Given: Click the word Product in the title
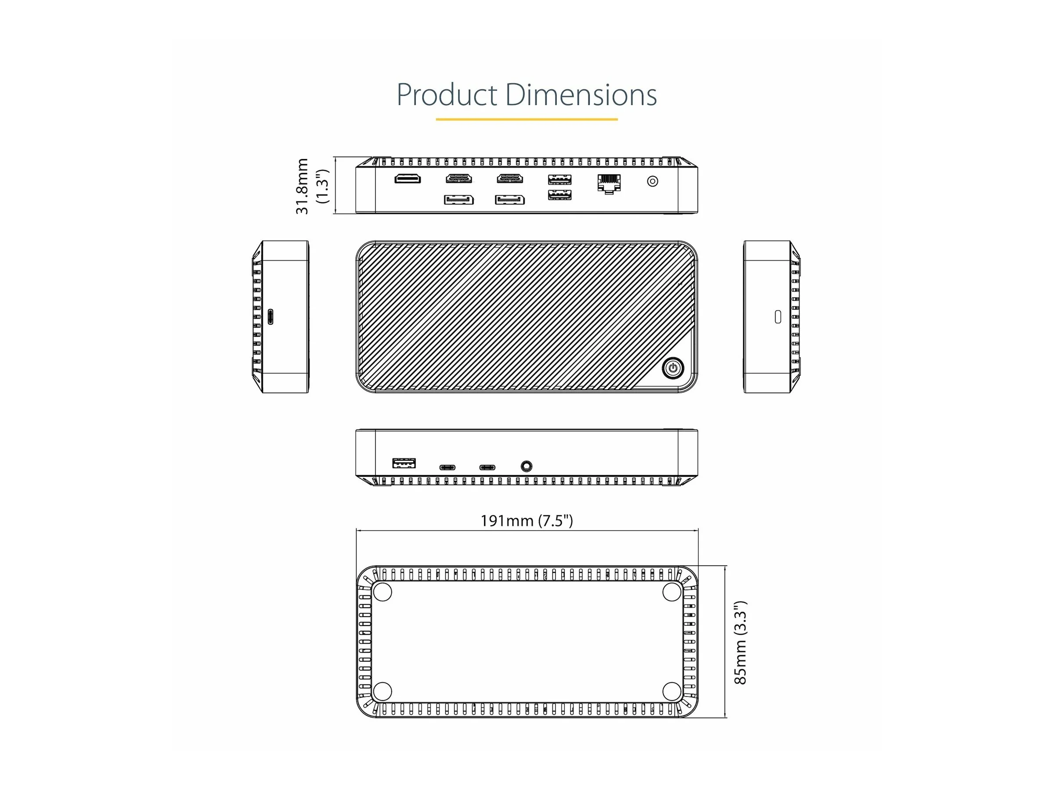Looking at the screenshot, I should (447, 95).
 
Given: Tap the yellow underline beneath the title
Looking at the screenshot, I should (527, 119).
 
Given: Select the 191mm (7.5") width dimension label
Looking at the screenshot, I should (527, 521).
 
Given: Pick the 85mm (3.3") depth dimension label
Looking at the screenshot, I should (740, 643).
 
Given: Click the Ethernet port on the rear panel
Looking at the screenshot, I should (609, 183).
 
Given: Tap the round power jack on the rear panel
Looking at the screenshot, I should (652, 181).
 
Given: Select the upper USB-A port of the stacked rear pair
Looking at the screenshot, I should (559, 180).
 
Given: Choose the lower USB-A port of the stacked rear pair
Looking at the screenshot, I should (559, 195).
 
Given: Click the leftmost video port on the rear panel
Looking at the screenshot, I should (408, 179).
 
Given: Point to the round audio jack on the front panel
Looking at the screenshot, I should (526, 466).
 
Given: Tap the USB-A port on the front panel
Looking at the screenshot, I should (404, 463).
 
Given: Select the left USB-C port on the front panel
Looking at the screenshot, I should (447, 467).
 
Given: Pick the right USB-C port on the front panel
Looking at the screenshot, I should (487, 467).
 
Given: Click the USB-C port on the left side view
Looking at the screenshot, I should (271, 317).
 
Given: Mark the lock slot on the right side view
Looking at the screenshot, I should (778, 317).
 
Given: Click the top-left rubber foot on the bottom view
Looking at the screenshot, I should (382, 592).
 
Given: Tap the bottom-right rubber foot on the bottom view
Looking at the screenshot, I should (671, 691).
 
